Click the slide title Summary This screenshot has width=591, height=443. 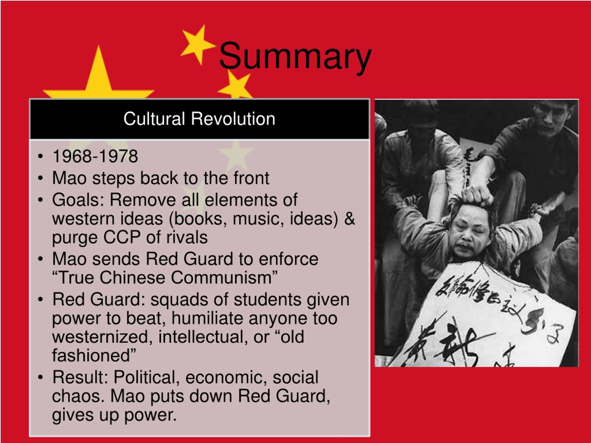(295, 57)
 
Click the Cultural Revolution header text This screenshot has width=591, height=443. (199, 119)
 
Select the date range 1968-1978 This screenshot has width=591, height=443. (95, 156)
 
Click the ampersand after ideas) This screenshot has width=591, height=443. (350, 219)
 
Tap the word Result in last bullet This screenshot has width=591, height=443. (80, 377)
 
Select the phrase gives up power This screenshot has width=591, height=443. (114, 415)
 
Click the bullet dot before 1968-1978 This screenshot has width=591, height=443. (40, 156)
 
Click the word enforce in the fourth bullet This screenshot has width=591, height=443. (288, 259)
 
